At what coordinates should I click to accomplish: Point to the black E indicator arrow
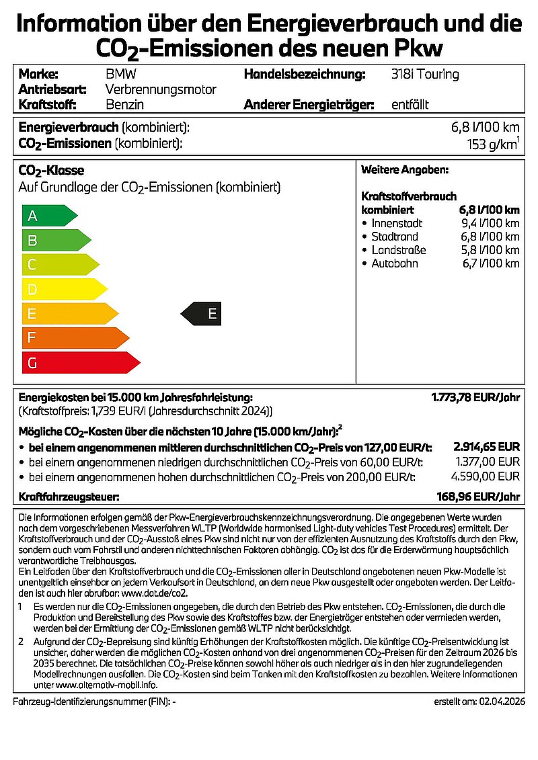pos(202,313)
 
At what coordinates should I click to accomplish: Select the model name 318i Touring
pos(425,74)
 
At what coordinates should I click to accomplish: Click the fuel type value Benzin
pos(125,104)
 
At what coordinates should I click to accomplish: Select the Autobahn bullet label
pos(395,263)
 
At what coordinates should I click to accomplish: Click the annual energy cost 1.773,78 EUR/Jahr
pos(475,398)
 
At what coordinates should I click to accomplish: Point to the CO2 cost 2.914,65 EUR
pos(488,446)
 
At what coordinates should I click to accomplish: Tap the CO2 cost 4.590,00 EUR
pos(488,476)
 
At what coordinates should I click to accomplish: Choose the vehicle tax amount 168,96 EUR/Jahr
pos(478,497)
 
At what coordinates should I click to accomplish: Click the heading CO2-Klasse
pos(51,171)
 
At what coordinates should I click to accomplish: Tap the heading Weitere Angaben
pos(405,171)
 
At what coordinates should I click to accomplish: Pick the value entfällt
pos(410,104)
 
